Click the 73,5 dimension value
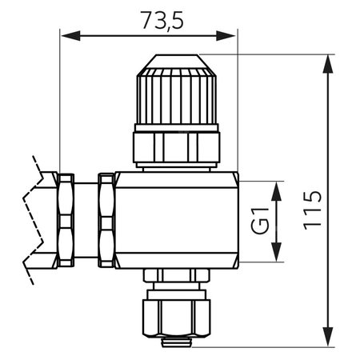[162, 20]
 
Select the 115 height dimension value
[313, 210]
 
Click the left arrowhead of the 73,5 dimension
[70, 35]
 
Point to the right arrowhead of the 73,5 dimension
[226, 35]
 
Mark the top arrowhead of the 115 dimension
[328, 64]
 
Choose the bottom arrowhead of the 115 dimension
[328, 338]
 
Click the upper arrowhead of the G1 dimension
[277, 191]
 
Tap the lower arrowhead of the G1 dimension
[277, 252]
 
